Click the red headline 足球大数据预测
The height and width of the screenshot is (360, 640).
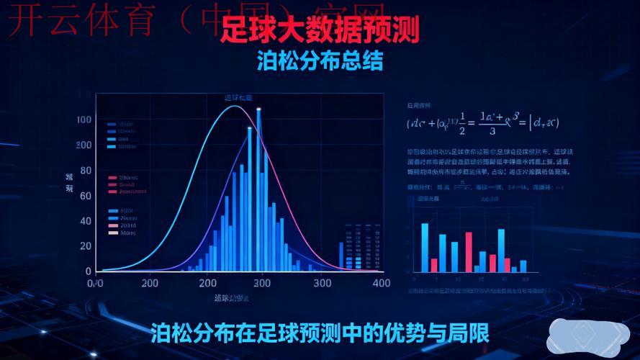tap(319, 30)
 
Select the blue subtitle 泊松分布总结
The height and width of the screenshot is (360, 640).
tap(320, 61)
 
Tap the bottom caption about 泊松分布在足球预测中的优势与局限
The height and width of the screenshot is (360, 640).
tap(320, 333)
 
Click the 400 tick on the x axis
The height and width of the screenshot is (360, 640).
tap(382, 283)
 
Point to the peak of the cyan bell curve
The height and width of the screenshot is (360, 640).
tap(235, 107)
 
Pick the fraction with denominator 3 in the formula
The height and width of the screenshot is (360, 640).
tap(492, 123)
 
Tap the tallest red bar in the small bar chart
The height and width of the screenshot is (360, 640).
tap(469, 251)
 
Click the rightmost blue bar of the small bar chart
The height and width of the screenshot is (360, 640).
tap(523, 266)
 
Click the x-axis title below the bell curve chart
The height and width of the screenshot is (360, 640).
tap(231, 298)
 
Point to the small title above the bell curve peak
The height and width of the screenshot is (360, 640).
tap(238, 97)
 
